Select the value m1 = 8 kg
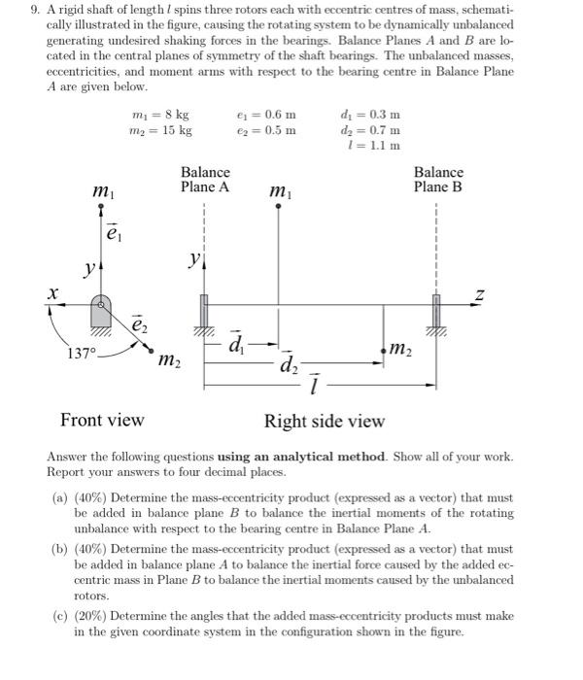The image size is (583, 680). coord(160,115)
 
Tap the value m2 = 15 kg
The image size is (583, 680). coord(161,130)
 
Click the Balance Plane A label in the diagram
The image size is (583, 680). coord(205,180)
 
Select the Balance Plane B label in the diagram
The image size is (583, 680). coord(437,180)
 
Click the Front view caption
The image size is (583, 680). coord(102,420)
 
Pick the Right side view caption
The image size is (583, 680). coord(325,421)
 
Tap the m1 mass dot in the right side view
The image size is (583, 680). coord(279,206)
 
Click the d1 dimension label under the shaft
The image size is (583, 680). coord(237,343)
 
